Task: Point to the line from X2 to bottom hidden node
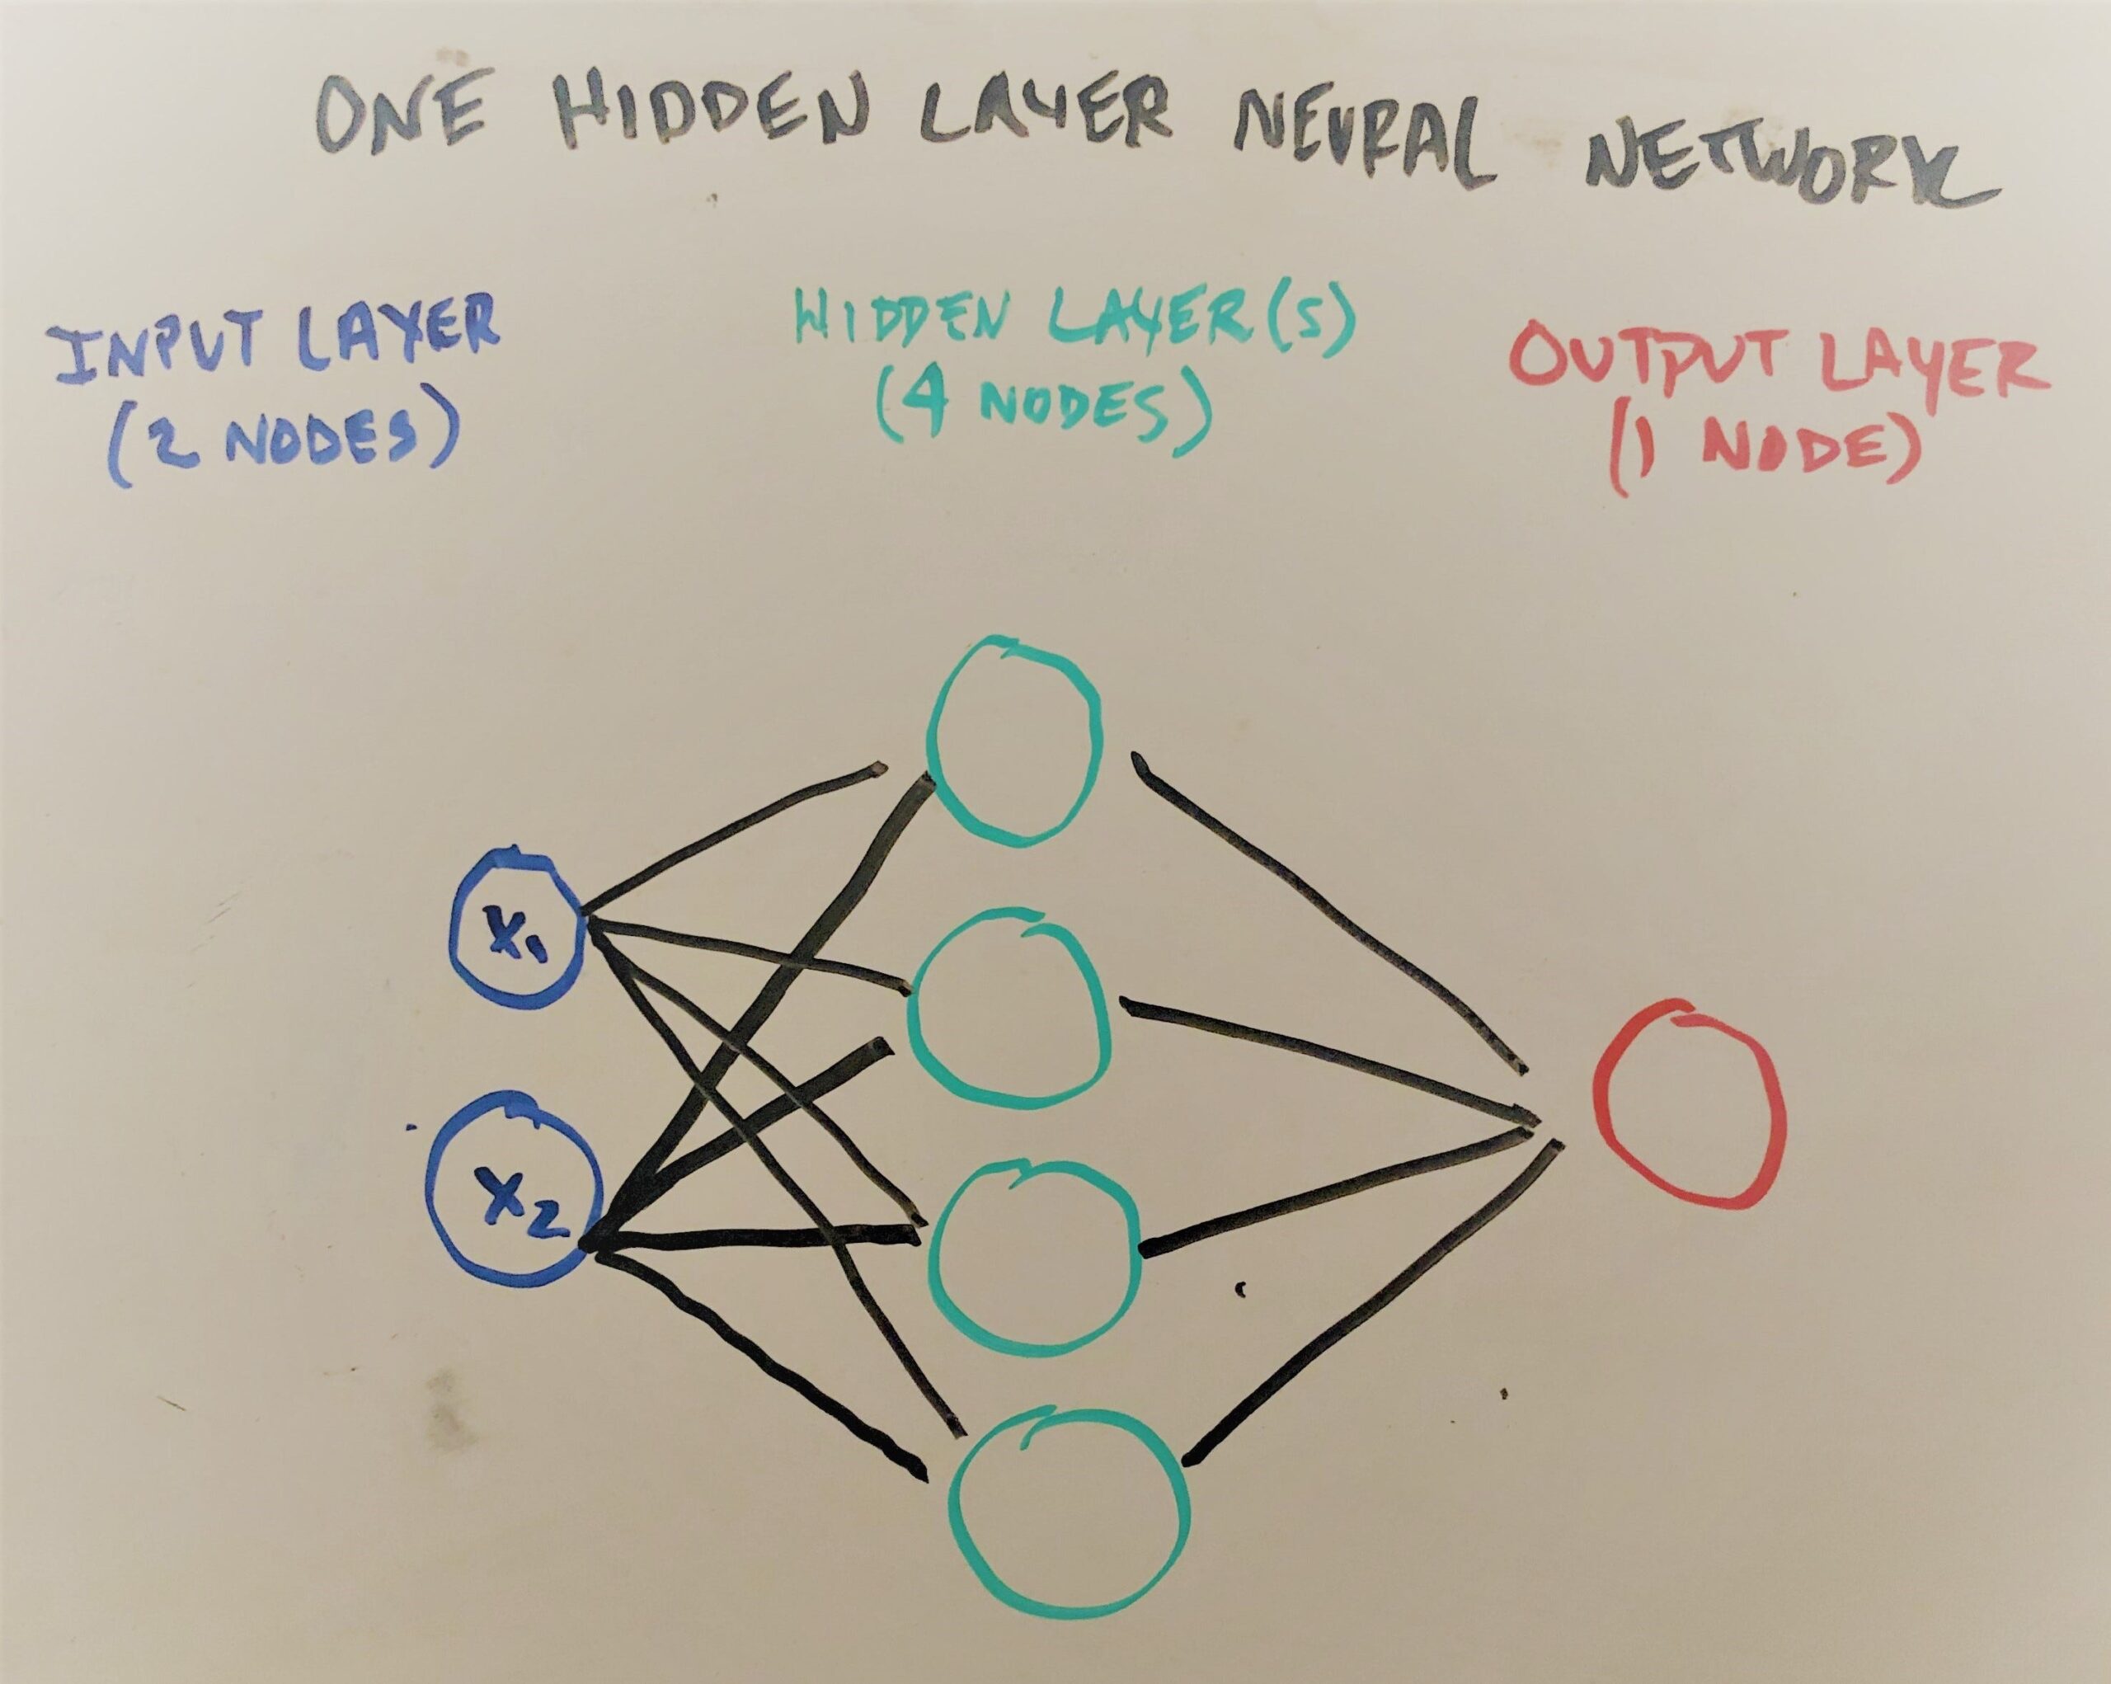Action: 764,1361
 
